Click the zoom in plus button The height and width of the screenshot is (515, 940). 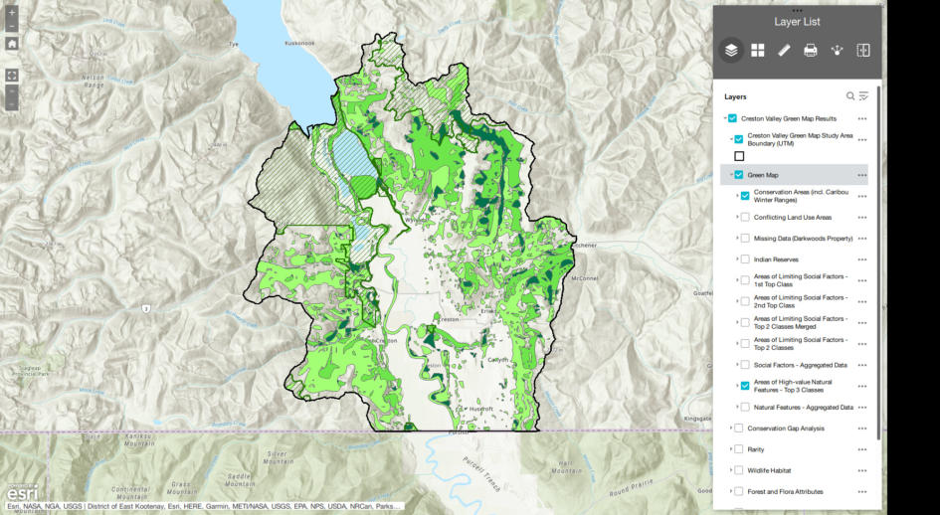pyautogui.click(x=12, y=14)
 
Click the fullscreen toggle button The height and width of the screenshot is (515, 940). pyautogui.click(x=12, y=75)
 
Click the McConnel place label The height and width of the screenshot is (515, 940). pyautogui.click(x=585, y=277)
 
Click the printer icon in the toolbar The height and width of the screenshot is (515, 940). pyautogui.click(x=811, y=51)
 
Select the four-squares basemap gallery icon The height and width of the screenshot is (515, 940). pyautogui.click(x=758, y=51)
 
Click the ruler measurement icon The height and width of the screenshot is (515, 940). pyautogui.click(x=784, y=51)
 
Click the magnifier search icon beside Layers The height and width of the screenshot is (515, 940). pyautogui.click(x=850, y=96)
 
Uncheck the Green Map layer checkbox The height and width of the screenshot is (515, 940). pyautogui.click(x=739, y=175)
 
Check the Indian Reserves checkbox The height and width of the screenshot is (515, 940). pyautogui.click(x=745, y=258)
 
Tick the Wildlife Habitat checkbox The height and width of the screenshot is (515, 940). pyautogui.click(x=738, y=470)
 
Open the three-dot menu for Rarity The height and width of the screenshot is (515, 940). pyautogui.click(x=862, y=449)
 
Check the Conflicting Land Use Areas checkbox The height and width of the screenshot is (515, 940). pyautogui.click(x=745, y=217)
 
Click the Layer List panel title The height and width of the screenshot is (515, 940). pyautogui.click(x=798, y=21)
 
